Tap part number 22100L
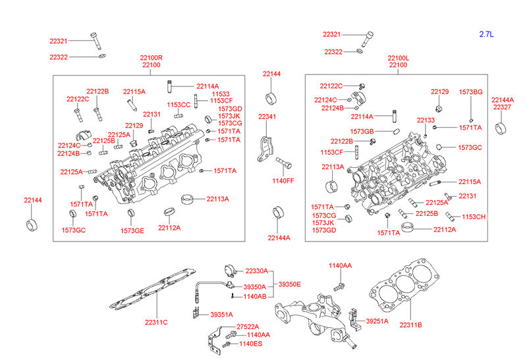click(x=398, y=58)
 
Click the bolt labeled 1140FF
click(x=282, y=162)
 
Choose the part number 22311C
click(x=157, y=322)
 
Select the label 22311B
click(x=410, y=324)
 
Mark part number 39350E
click(x=290, y=284)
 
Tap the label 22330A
click(x=257, y=270)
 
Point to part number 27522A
click(x=248, y=327)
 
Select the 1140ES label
click(x=250, y=344)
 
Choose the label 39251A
click(x=377, y=321)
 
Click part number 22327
click(x=503, y=107)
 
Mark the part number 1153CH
click(x=474, y=217)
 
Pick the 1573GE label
click(x=132, y=230)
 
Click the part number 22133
click(x=426, y=120)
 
